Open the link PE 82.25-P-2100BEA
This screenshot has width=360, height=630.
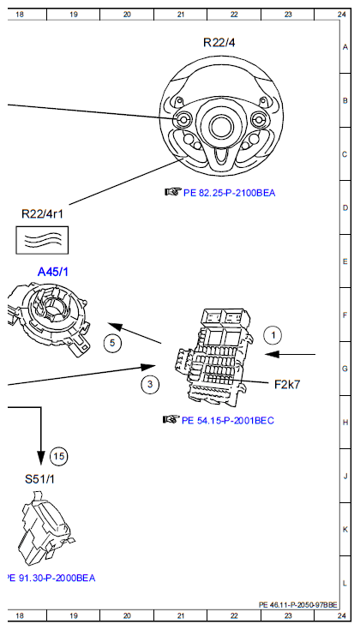(232, 192)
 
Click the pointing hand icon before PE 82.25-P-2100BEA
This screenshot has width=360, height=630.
(171, 191)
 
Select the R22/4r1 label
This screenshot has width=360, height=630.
(43, 213)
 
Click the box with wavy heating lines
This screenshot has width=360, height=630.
(43, 239)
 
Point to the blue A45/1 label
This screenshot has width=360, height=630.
(54, 272)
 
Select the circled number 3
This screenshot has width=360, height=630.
(150, 384)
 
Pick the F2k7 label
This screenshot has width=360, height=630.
(287, 384)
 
